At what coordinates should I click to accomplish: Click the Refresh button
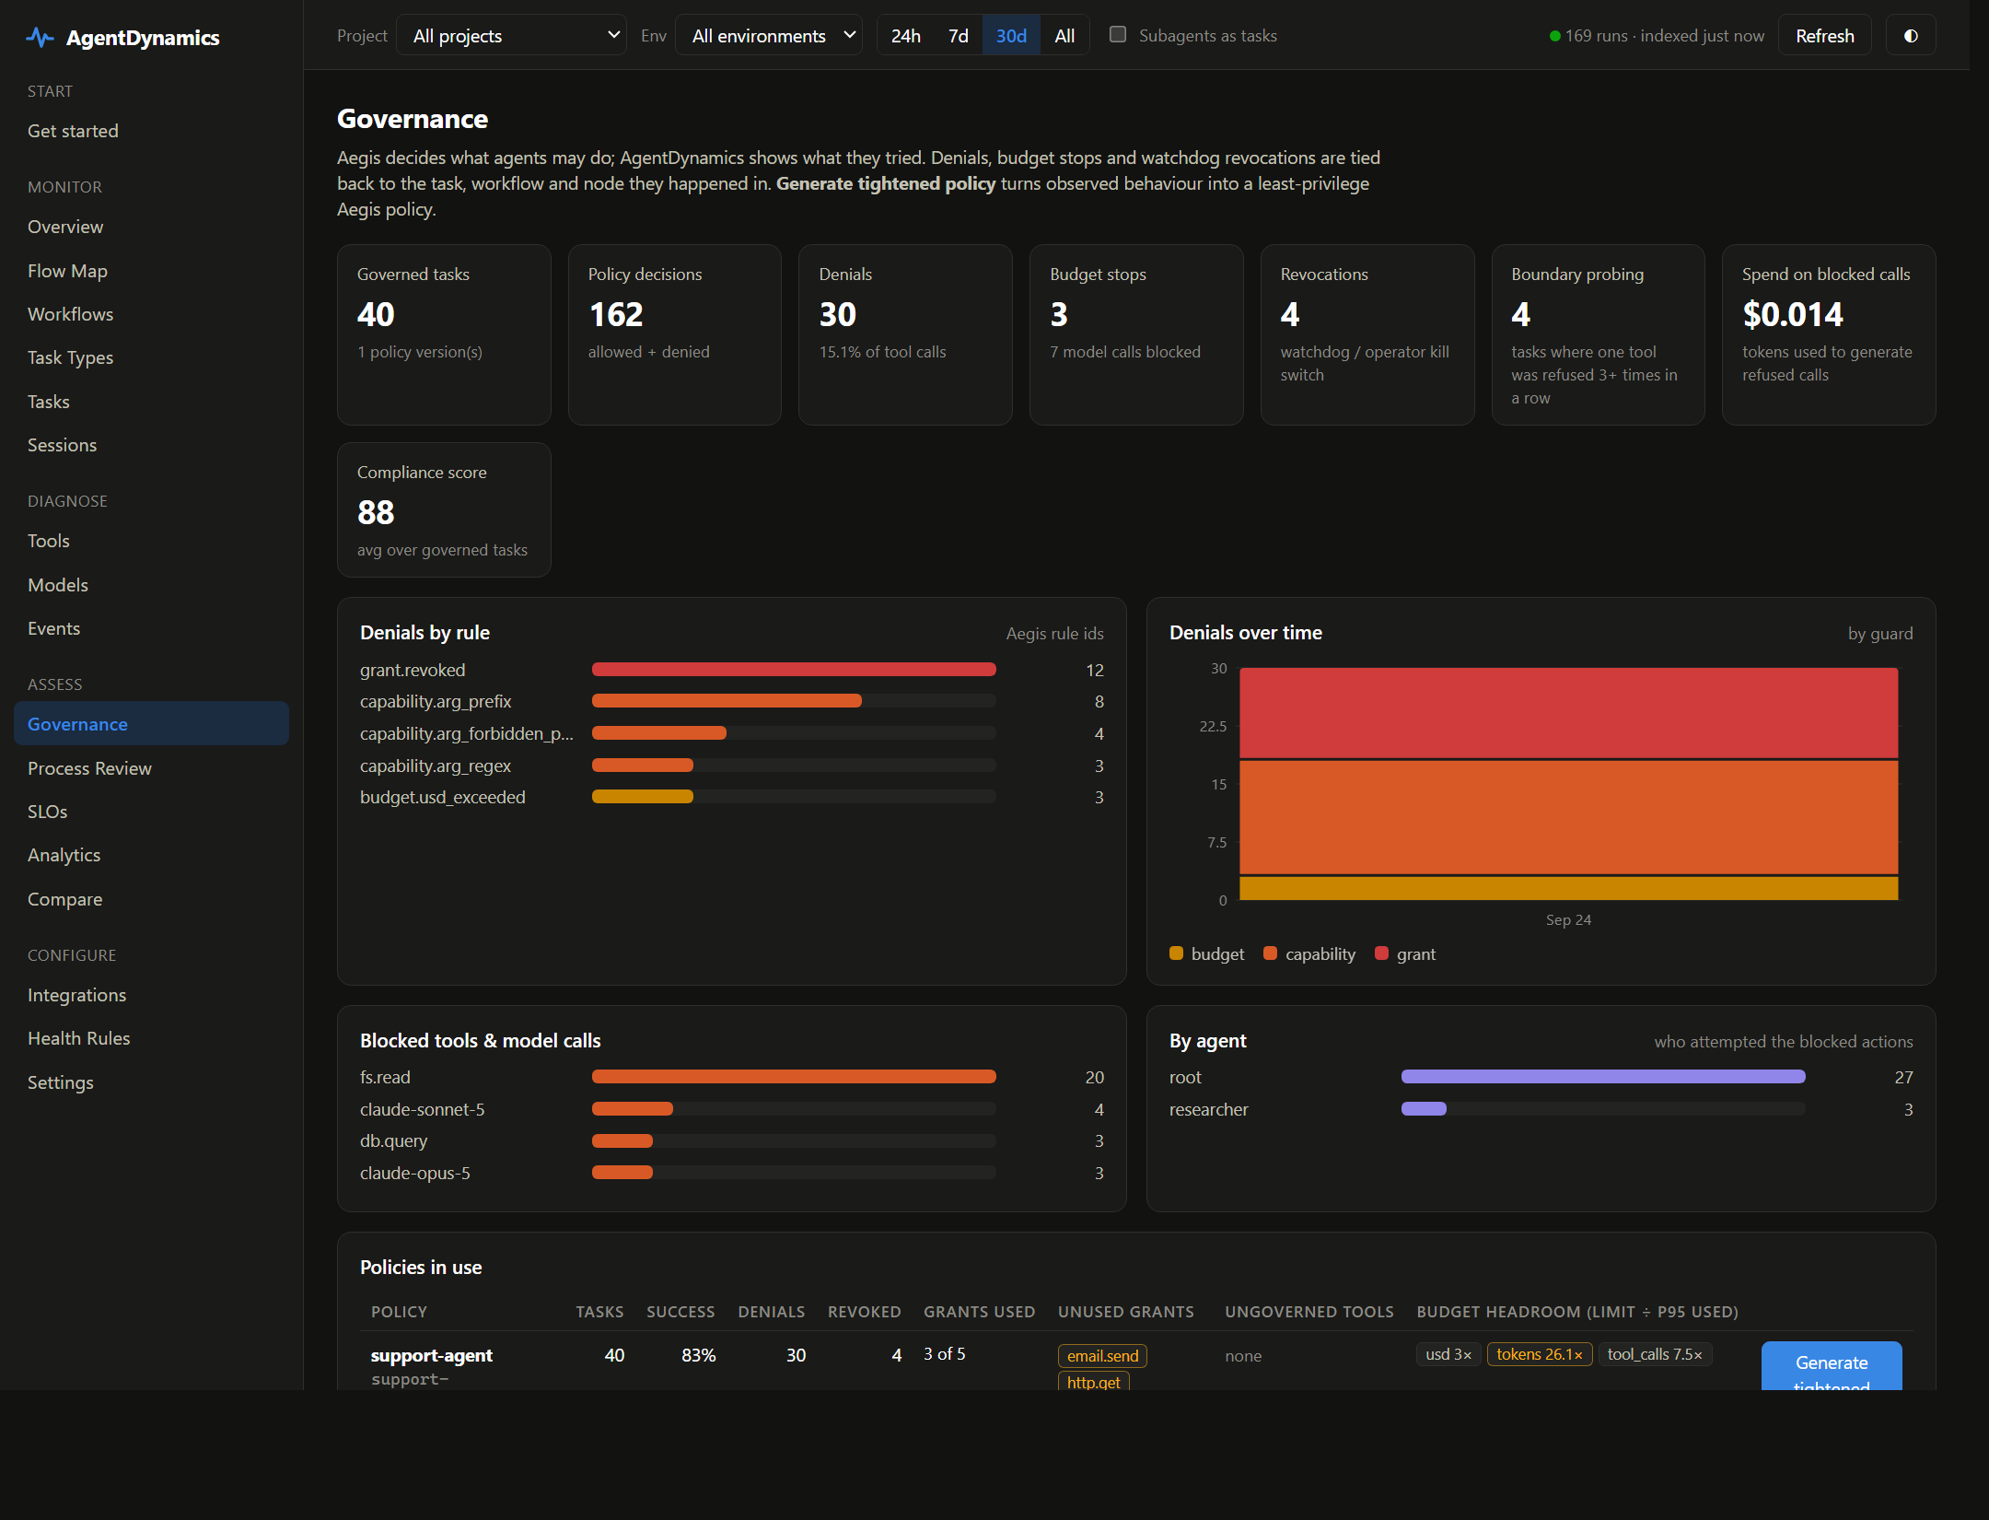[1824, 36]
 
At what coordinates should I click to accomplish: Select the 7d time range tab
[959, 36]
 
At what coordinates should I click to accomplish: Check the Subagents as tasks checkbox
[1118, 34]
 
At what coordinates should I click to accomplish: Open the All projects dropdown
[511, 36]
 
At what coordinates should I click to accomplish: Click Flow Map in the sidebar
[67, 271]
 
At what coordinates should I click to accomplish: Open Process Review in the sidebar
[89, 768]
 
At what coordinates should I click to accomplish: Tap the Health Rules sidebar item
[79, 1038]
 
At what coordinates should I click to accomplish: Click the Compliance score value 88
[376, 512]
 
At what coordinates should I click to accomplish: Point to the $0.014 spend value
[1793, 315]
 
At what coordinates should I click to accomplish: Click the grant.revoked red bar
[794, 670]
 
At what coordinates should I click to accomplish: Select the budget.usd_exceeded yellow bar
[643, 797]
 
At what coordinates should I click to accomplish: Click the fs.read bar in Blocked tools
[794, 1077]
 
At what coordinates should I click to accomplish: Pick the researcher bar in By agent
[1424, 1109]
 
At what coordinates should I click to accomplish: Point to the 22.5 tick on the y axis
[1213, 727]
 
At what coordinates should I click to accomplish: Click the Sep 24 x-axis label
[1568, 920]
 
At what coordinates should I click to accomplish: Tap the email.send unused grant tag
[1102, 1356]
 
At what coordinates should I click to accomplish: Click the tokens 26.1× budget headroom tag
[1539, 1354]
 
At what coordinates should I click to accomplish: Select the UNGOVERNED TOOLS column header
[1309, 1312]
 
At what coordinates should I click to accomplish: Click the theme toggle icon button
[1911, 36]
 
